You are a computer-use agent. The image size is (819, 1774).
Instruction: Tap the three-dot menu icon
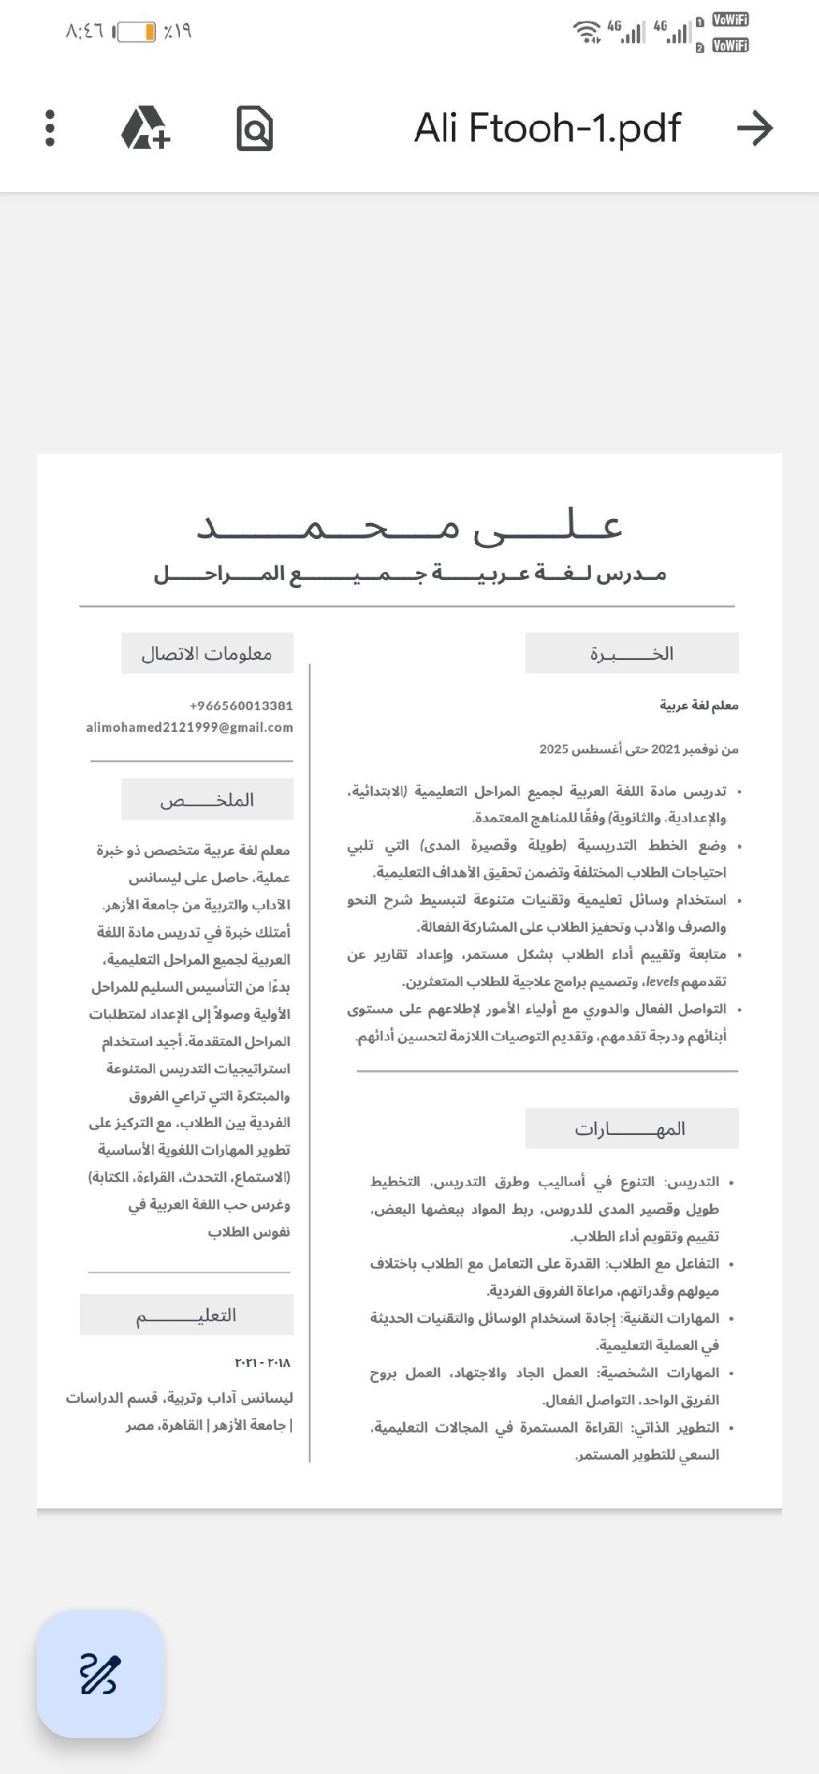click(50, 128)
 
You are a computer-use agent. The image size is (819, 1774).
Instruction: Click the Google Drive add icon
click(146, 128)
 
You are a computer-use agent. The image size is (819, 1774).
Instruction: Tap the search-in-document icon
click(255, 128)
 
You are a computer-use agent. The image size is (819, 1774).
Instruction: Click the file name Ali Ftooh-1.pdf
click(547, 128)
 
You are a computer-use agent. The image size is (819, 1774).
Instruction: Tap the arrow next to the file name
click(755, 128)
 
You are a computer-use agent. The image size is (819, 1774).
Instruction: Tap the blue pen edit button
click(100, 1674)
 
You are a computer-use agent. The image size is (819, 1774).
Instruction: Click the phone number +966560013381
click(241, 705)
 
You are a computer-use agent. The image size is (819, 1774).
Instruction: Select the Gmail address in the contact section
click(190, 727)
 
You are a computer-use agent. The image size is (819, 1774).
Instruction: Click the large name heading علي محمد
click(409, 526)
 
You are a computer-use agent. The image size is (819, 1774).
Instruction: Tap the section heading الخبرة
click(632, 653)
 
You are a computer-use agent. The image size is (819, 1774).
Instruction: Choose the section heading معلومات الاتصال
click(207, 653)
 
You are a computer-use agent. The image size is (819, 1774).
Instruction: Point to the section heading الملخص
click(207, 799)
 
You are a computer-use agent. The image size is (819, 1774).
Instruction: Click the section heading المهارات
click(631, 1129)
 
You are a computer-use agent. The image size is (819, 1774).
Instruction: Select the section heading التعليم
click(186, 1315)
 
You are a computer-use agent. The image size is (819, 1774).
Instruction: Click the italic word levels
click(662, 981)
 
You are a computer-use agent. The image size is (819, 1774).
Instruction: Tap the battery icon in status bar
click(136, 32)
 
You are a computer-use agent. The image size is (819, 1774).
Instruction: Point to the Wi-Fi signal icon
click(586, 32)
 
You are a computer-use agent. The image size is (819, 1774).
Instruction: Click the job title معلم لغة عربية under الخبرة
click(699, 705)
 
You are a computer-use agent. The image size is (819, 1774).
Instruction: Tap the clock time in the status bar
click(85, 31)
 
